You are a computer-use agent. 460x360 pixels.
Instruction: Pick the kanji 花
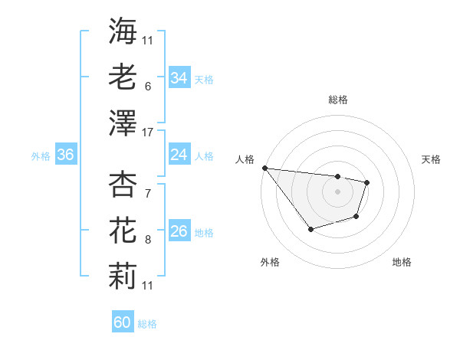pyautogui.click(x=123, y=230)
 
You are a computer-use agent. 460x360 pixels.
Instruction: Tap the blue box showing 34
pyautogui.click(x=179, y=78)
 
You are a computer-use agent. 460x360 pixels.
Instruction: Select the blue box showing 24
pyautogui.click(x=179, y=155)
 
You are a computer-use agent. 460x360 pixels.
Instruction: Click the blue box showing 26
pyautogui.click(x=179, y=231)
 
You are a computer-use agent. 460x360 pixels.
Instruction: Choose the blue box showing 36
pyautogui.click(x=66, y=155)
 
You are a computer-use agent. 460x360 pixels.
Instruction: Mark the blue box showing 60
pyautogui.click(x=123, y=322)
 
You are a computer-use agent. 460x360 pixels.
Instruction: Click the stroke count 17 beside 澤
pyautogui.click(x=148, y=133)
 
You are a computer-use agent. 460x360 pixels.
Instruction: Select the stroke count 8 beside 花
pyautogui.click(x=147, y=241)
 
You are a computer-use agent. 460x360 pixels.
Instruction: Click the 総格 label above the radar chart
pyautogui.click(x=338, y=100)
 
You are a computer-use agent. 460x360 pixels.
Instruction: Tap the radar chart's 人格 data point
pyautogui.click(x=264, y=168)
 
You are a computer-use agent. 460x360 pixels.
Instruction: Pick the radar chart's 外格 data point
pyautogui.click(x=310, y=229)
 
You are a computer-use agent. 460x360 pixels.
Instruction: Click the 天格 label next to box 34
pyautogui.click(x=203, y=80)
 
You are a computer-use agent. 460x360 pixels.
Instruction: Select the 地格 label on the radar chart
pyautogui.click(x=402, y=262)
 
